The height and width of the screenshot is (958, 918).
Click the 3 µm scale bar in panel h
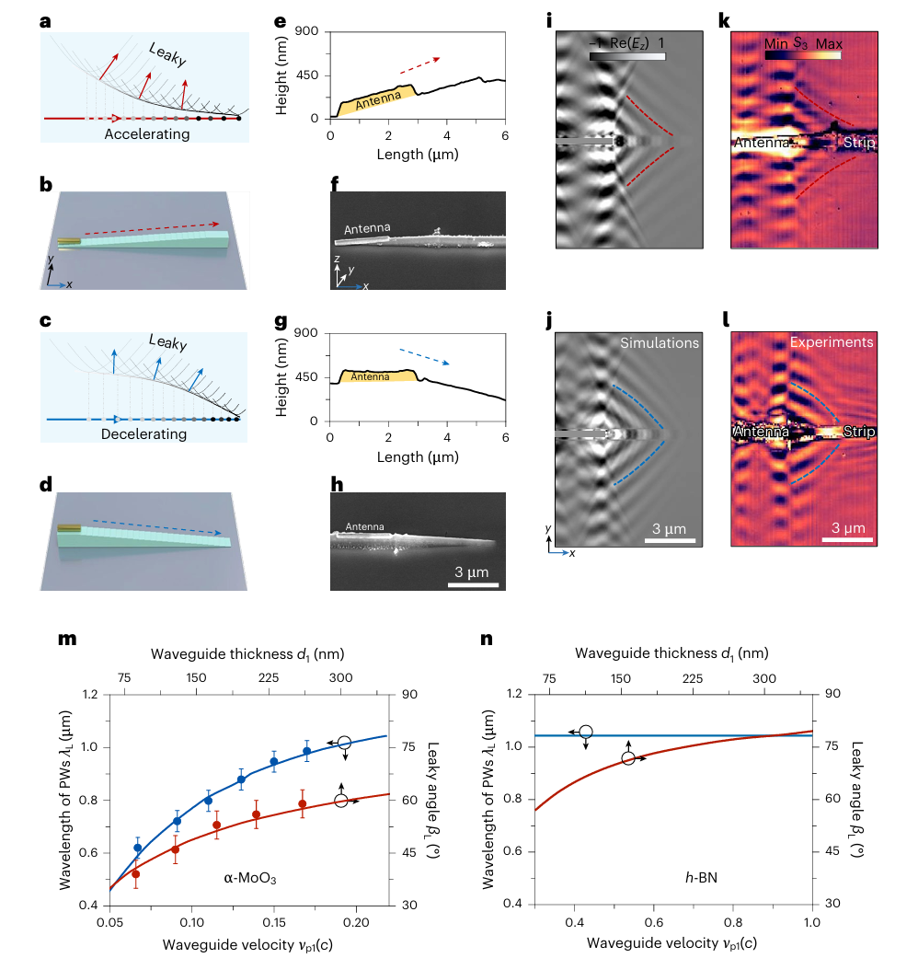[474, 583]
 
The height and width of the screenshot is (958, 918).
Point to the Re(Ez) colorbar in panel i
[626, 57]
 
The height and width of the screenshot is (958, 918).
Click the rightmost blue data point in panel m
[307, 752]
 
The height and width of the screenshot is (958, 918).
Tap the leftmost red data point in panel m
[136, 873]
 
